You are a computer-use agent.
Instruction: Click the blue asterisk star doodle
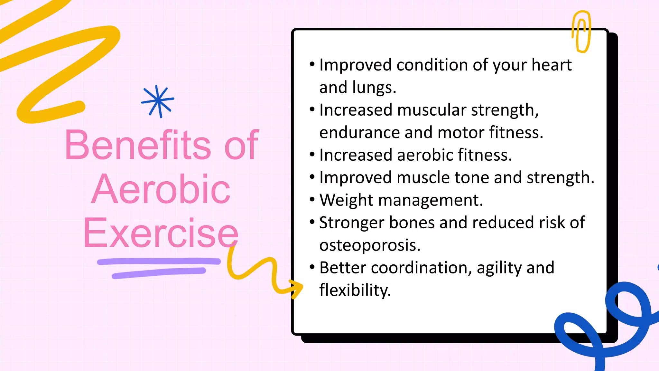click(x=158, y=101)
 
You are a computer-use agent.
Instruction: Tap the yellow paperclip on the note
click(x=581, y=32)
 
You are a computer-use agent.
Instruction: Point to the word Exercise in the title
click(x=161, y=233)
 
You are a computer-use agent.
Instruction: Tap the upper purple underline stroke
click(x=159, y=261)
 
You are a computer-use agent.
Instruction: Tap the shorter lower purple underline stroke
click(x=159, y=273)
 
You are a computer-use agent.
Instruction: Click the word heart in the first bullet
click(x=551, y=65)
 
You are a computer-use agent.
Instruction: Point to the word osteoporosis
click(x=370, y=245)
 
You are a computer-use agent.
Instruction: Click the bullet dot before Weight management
click(x=312, y=200)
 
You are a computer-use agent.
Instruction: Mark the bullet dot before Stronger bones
click(x=312, y=222)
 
